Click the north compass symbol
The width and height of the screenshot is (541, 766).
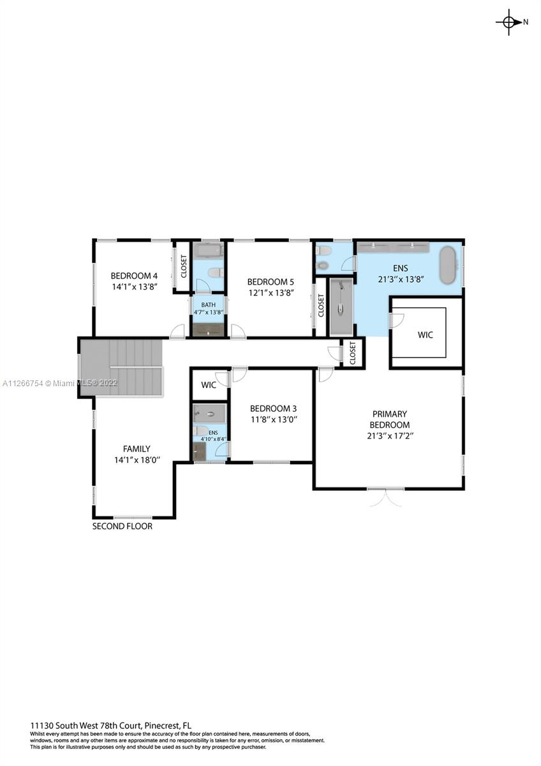point(509,22)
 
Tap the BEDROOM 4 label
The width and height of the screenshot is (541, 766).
point(134,276)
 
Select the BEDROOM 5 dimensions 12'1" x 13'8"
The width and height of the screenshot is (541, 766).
point(271,293)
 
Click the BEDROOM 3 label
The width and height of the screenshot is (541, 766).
point(274,409)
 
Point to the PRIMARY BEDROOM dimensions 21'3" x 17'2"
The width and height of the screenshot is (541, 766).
point(390,436)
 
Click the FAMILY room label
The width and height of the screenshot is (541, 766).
point(137,449)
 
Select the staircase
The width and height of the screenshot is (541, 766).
point(121,367)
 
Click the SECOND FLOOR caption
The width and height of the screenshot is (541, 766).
point(122,526)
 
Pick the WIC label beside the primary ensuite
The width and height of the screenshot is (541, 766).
point(425,334)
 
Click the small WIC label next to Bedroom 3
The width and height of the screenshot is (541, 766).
point(209,385)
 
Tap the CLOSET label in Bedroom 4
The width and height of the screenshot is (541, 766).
point(184,266)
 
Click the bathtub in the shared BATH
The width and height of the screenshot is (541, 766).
point(208,251)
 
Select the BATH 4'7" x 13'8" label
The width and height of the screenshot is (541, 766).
point(209,308)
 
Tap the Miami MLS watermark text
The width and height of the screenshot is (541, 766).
point(60,384)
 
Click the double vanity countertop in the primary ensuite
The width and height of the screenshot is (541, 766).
point(393,247)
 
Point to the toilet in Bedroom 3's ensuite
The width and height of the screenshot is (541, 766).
point(202,430)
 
